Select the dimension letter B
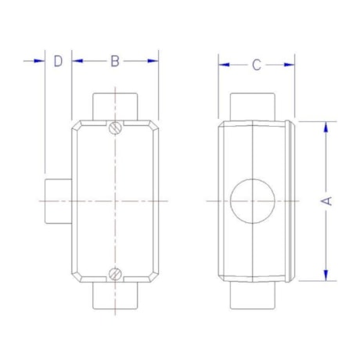pos(114,61)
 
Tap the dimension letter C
pos(256,65)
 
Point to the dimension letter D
pos(57,61)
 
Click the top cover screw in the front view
pos(115,128)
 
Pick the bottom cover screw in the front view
pos(115,274)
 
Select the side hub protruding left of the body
pos(58,200)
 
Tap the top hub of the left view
pos(115,105)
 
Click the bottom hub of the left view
pos(115,295)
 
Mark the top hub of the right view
pos(254,105)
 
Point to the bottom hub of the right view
pos(254,295)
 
